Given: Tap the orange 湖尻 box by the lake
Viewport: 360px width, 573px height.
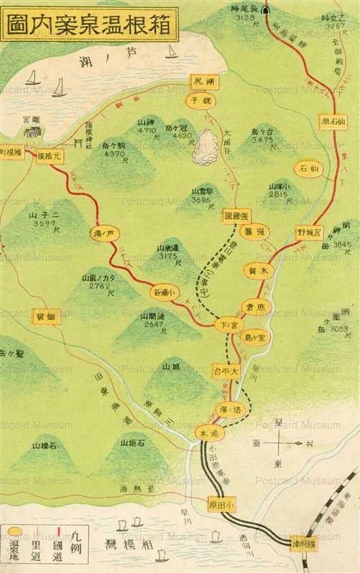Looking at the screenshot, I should coord(200,82).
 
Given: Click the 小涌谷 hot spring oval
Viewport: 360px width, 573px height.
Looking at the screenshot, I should coord(162,292).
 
